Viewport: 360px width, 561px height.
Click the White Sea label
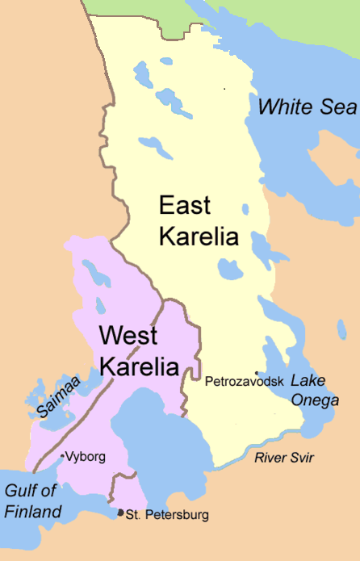click(x=308, y=107)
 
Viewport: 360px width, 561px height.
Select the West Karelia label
click(x=138, y=350)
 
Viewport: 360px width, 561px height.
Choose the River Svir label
click(x=283, y=458)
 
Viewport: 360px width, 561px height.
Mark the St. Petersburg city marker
click(x=121, y=513)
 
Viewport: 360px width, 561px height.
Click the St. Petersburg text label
click(x=168, y=514)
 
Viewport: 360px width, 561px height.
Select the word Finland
click(x=32, y=512)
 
